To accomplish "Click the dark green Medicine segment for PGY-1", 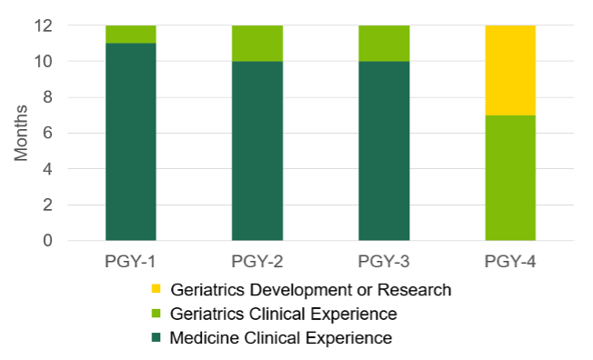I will pyautogui.click(x=131, y=142).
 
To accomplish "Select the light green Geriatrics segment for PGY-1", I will pyautogui.click(x=131, y=35).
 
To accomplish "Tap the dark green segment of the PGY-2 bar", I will pyautogui.click(x=257, y=151).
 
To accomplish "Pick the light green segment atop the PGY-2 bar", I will pyautogui.click(x=257, y=44).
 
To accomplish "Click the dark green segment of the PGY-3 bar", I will pyautogui.click(x=383, y=151).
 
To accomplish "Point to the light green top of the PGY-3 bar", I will pyautogui.click(x=383, y=44).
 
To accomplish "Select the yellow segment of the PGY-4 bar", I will pyautogui.click(x=509, y=70).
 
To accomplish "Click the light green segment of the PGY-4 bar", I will pyautogui.click(x=509, y=178).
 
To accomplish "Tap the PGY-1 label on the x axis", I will pyautogui.click(x=131, y=262).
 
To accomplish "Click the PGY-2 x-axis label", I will pyautogui.click(x=257, y=262).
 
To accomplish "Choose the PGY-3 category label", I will pyautogui.click(x=383, y=262).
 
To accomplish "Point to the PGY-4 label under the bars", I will pyautogui.click(x=509, y=262).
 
